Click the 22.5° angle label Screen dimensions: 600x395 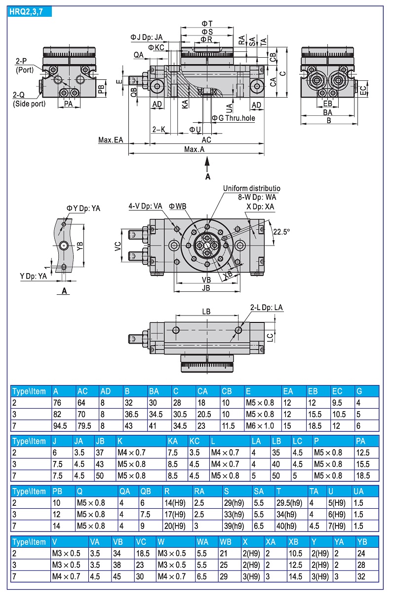(282, 232)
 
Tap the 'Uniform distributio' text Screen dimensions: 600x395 (251, 188)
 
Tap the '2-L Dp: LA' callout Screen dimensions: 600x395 (267, 308)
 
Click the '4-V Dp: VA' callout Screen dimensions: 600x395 (145, 206)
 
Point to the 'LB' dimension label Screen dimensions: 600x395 (206, 312)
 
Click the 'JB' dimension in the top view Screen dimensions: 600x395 (206, 287)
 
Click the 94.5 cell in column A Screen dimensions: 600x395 (60, 425)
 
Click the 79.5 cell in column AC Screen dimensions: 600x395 (84, 425)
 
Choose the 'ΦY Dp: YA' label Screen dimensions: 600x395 (83, 209)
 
